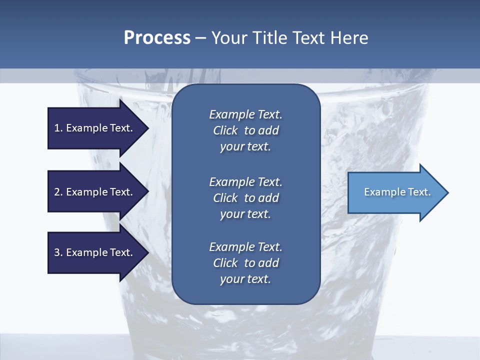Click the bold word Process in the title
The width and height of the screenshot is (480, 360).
click(x=157, y=38)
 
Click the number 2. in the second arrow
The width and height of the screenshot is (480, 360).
click(x=58, y=192)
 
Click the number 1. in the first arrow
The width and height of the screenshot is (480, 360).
click(x=58, y=128)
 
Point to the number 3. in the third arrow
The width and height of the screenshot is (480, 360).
click(x=58, y=252)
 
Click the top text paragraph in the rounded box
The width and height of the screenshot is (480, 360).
click(x=245, y=130)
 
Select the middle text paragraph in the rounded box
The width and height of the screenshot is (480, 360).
click(x=245, y=198)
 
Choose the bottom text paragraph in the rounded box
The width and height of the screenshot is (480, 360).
click(x=245, y=263)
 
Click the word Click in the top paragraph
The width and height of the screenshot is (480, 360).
click(x=225, y=130)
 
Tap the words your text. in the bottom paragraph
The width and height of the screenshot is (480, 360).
click(x=245, y=279)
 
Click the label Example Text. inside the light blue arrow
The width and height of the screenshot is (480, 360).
click(x=397, y=192)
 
